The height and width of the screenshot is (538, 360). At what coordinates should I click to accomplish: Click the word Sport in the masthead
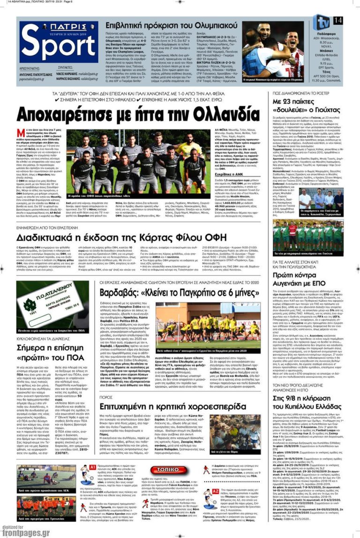[x=58, y=46]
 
